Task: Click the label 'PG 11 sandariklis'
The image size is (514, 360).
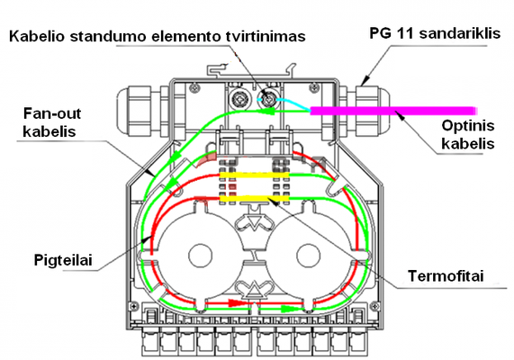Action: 435,33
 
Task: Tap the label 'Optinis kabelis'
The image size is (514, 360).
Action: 468,134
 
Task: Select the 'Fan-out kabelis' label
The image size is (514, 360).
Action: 52,122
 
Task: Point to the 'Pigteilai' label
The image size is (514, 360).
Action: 63,260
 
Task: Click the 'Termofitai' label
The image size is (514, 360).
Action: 446,276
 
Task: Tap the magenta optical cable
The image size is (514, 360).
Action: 392,111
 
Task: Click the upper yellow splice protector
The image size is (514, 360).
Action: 254,175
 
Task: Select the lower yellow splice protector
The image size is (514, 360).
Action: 254,199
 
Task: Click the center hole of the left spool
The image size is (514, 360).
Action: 201,256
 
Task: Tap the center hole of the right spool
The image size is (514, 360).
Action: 308,256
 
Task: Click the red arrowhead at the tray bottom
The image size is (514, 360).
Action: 235,302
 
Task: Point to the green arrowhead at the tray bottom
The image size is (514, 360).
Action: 288,309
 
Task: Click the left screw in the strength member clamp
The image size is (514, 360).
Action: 239,98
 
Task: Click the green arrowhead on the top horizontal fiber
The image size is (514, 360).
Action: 268,112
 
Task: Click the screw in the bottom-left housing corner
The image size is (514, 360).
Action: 134,306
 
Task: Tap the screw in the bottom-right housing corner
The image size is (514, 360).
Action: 374,307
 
